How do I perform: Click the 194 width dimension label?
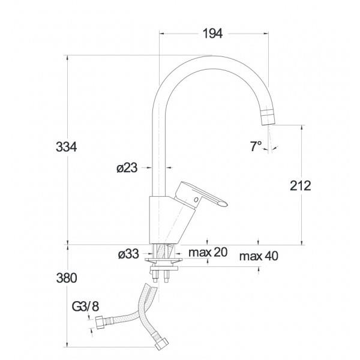tap(212, 34)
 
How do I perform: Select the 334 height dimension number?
tap(67, 147)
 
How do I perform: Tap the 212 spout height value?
tap(301, 186)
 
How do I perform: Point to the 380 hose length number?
tap(67, 278)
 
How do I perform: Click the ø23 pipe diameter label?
tap(127, 168)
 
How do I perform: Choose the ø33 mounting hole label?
tap(128, 254)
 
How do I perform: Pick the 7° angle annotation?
tap(256, 146)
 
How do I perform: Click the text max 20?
tap(208, 252)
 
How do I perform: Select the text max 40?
tap(259, 256)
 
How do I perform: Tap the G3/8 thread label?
tap(86, 307)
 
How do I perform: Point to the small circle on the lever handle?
tap(196, 200)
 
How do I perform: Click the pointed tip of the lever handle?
tap(227, 204)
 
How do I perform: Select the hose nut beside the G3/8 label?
tap(100, 322)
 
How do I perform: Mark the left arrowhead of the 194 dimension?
tap(162, 34)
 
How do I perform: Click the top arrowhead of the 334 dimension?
tap(67, 58)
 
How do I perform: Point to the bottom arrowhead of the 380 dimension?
tap(67, 344)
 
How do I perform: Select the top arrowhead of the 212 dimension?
tap(302, 128)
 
